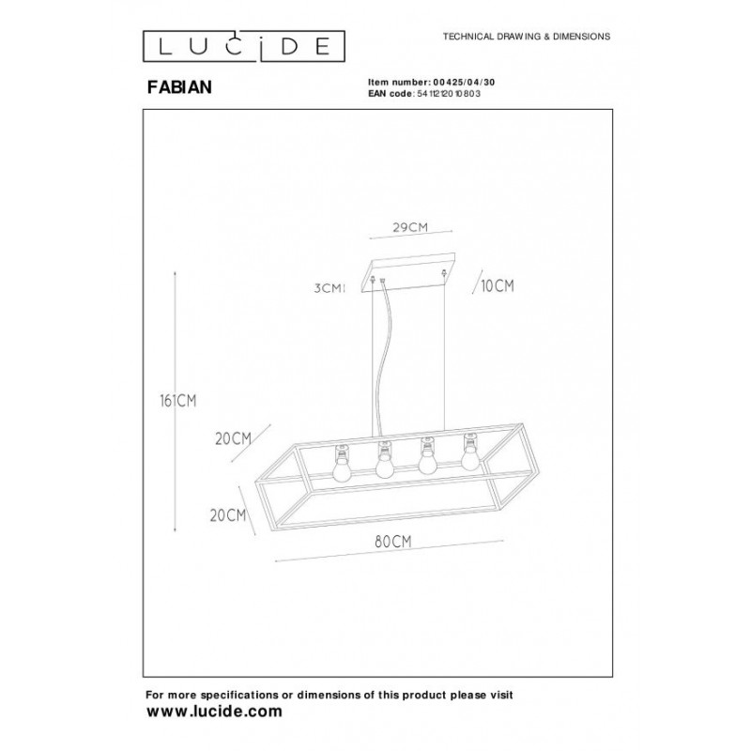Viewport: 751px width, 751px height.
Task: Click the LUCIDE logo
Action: point(244,46)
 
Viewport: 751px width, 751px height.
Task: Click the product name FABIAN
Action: point(179,87)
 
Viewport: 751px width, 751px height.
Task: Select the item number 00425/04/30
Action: point(464,83)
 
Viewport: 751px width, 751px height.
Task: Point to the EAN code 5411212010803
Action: point(449,94)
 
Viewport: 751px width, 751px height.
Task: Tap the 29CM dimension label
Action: point(410,227)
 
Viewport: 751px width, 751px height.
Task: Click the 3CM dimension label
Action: point(328,288)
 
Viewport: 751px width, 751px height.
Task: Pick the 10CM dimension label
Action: point(498,286)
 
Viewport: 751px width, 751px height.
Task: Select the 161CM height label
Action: point(178,401)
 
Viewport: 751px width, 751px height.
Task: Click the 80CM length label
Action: point(393,542)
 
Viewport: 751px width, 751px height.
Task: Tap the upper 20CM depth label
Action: point(233,438)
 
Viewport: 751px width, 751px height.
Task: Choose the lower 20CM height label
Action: point(228,515)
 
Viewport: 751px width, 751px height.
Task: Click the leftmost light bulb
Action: point(341,464)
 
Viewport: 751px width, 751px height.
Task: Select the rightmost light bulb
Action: point(470,452)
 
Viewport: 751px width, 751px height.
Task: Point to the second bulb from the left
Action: point(384,460)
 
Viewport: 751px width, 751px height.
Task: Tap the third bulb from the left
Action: point(427,455)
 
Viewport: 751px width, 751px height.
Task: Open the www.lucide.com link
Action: point(214,712)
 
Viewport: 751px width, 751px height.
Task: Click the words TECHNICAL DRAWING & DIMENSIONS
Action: point(527,37)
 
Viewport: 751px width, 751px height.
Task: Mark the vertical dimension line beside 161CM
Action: point(176,401)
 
